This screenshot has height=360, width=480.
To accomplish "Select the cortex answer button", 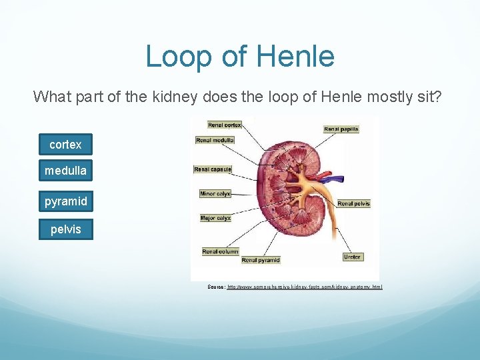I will pyautogui.click(x=65, y=145).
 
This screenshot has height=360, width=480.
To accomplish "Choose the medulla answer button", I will pyautogui.click(x=65, y=171).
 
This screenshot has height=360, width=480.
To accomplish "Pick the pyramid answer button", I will pyautogui.click(x=65, y=201).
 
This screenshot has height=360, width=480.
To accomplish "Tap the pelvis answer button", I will pyautogui.click(x=65, y=229).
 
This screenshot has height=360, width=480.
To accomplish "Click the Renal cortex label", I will pyautogui.click(x=225, y=125).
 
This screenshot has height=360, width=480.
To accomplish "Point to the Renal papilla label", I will pyautogui.click(x=341, y=129).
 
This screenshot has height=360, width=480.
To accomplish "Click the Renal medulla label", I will pyautogui.click(x=214, y=140).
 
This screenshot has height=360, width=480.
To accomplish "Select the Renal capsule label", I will pyautogui.click(x=212, y=169).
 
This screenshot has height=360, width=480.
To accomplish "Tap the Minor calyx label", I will pyautogui.click(x=215, y=194).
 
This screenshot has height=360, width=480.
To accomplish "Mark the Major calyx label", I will pyautogui.click(x=215, y=218).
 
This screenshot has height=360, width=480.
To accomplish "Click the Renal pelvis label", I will pyautogui.click(x=353, y=203).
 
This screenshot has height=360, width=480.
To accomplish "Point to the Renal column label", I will pyautogui.click(x=220, y=251).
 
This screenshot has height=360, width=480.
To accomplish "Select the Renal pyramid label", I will pyautogui.click(x=261, y=260).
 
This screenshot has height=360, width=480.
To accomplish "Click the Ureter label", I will pyautogui.click(x=353, y=257).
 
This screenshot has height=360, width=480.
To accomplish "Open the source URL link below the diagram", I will pyautogui.click(x=305, y=287).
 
